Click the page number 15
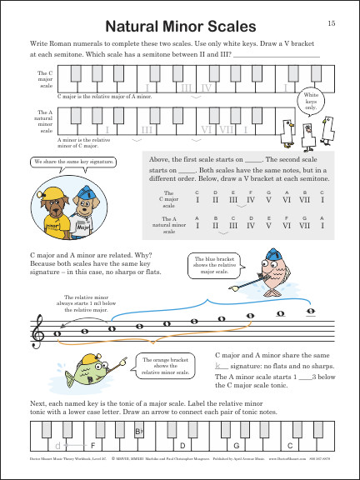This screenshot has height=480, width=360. click(332, 22)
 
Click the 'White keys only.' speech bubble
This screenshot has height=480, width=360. click(309, 101)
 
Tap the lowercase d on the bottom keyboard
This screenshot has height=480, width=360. click(56, 446)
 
